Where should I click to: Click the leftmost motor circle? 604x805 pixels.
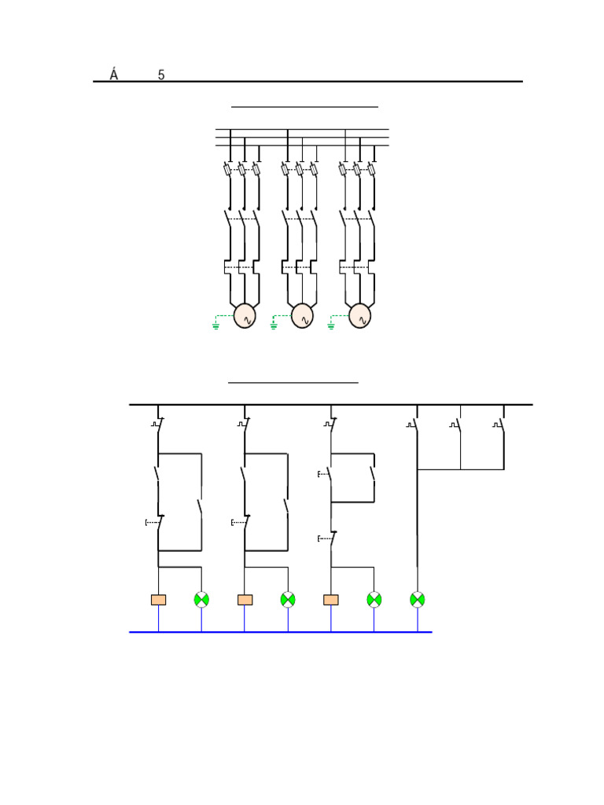245,316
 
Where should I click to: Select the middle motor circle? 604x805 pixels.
302,316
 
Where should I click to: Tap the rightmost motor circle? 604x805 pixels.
359,316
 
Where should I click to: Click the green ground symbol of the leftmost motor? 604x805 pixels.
216,325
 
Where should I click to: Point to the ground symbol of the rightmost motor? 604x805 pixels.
331,325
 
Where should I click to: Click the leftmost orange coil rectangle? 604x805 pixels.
158,600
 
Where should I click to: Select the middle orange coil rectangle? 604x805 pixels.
245,600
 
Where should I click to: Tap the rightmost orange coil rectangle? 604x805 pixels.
331,600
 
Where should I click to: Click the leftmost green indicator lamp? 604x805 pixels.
201,599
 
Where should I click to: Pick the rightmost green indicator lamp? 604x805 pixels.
418,599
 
